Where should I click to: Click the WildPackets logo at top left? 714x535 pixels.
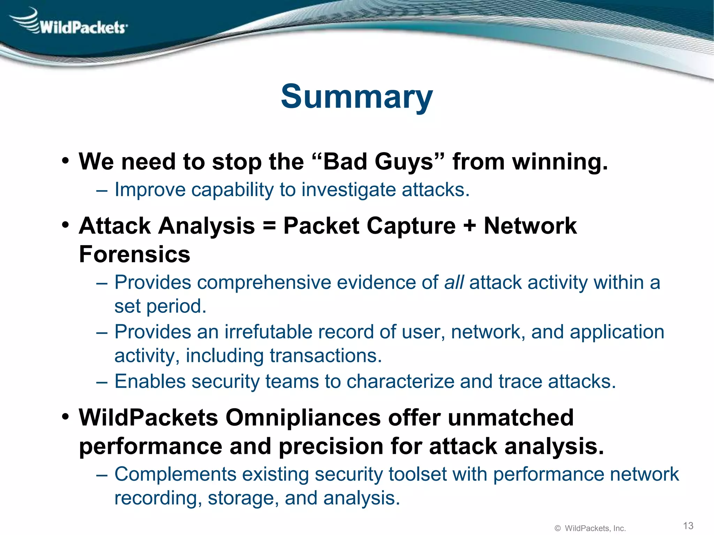click(x=70, y=23)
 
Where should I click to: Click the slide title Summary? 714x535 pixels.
click(x=357, y=97)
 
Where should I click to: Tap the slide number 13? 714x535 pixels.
click(x=688, y=526)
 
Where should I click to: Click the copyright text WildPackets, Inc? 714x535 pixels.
click(x=595, y=528)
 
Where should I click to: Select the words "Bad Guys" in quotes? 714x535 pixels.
click(x=378, y=162)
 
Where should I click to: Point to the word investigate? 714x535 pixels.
click(x=348, y=190)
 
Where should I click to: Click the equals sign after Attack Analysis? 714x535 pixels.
click(x=269, y=226)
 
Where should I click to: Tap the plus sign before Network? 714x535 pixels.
click(x=470, y=226)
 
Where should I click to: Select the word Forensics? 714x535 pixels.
click(x=135, y=254)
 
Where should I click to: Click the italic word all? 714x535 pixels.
click(x=454, y=282)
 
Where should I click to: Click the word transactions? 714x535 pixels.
click(x=326, y=356)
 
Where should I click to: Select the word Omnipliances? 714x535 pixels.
click(x=303, y=418)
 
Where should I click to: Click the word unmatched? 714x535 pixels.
click(x=510, y=418)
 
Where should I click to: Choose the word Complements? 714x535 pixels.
click(x=175, y=474)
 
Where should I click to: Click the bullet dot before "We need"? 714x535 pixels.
click(x=66, y=161)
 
